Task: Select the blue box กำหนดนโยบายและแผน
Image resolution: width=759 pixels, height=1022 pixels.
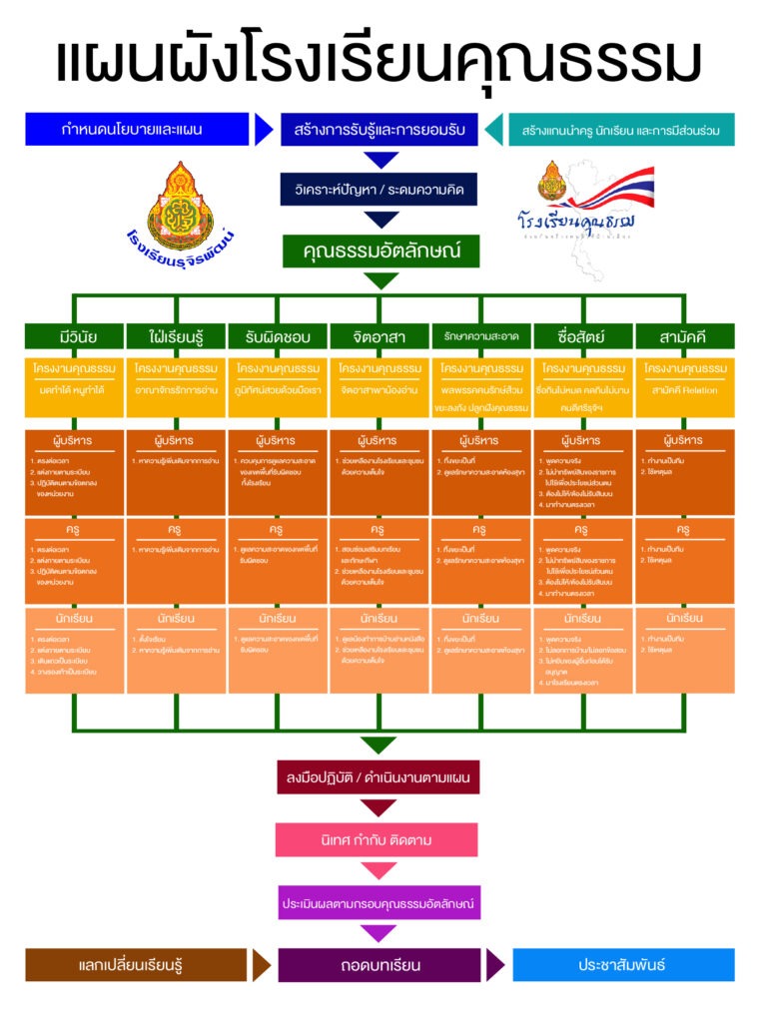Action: [x=137, y=130]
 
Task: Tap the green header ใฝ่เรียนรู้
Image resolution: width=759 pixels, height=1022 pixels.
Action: [x=176, y=336]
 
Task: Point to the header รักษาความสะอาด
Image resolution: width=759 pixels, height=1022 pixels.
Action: [x=481, y=336]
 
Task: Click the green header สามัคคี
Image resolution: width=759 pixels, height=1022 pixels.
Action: [x=684, y=336]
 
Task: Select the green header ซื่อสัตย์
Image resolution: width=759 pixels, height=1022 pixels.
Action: [x=582, y=336]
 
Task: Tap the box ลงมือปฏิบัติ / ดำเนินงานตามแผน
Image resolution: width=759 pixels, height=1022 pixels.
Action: [x=379, y=776]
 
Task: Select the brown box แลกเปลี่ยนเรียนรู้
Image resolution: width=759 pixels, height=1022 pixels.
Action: [x=137, y=965]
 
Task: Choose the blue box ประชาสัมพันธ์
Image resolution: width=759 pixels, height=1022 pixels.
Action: [x=621, y=965]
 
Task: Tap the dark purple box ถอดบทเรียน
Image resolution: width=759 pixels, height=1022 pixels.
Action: [x=379, y=965]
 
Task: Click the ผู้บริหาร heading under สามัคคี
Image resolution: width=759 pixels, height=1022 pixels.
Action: [x=684, y=440]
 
